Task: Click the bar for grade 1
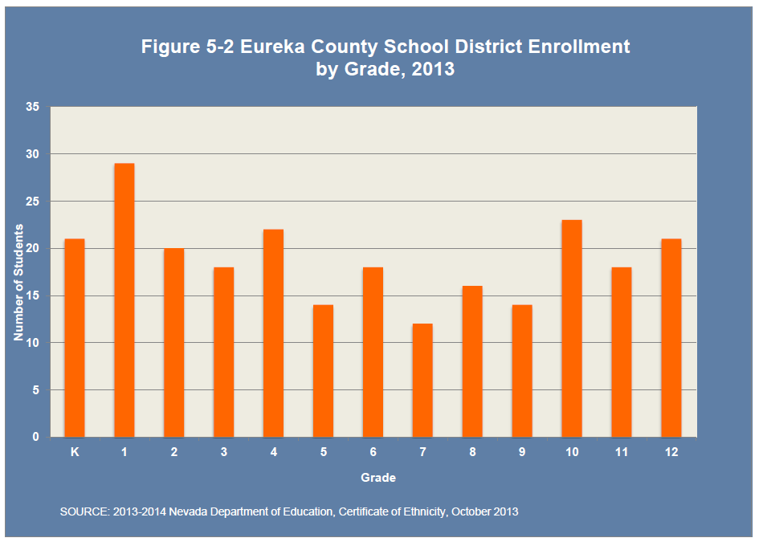(124, 300)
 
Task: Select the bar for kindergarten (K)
(75, 338)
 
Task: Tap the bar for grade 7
(422, 381)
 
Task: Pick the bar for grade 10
(572, 328)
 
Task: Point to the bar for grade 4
(273, 333)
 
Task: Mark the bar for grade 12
(671, 338)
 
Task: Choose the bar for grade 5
(323, 371)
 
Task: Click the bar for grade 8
(472, 361)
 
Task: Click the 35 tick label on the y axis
(32, 107)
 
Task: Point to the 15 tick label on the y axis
(32, 295)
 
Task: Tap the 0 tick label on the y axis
(35, 438)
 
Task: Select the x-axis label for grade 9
(522, 452)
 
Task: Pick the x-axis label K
(75, 452)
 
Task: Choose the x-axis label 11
(622, 452)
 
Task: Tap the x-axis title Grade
(377, 478)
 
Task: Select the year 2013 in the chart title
(433, 69)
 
